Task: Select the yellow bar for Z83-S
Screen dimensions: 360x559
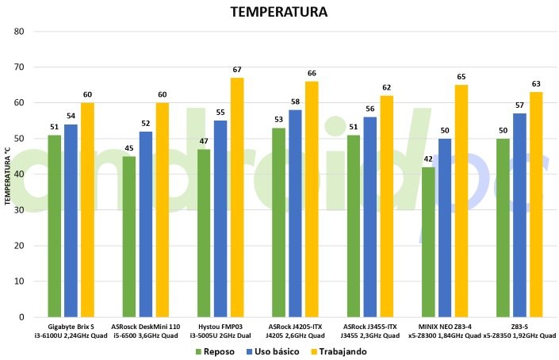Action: coord(536,204)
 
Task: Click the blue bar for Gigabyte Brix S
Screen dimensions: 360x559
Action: coord(71,220)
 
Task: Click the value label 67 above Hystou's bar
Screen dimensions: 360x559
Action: coord(237,70)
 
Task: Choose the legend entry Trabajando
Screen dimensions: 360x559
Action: coord(339,350)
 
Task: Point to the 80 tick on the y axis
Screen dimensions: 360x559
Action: coord(20,32)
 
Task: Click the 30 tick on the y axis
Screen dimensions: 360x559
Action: coord(20,210)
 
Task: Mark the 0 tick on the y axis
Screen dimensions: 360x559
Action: coord(22,317)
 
